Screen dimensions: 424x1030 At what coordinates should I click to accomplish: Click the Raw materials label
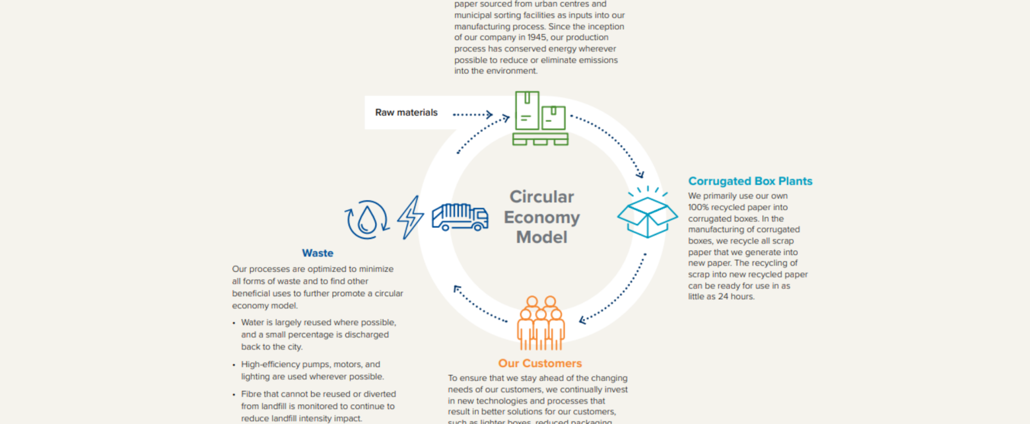pyautogui.click(x=406, y=112)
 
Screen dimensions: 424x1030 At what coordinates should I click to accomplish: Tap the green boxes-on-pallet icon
pyautogui.click(x=540, y=118)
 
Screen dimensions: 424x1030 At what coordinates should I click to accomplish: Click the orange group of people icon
pyautogui.click(x=540, y=324)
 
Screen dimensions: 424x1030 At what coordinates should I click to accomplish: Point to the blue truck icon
pyautogui.click(x=460, y=217)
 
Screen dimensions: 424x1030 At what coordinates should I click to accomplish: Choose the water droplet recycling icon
pyautogui.click(x=367, y=219)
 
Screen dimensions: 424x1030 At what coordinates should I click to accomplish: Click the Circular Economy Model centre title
pyautogui.click(x=541, y=217)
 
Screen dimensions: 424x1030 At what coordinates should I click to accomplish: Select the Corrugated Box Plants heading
pyautogui.click(x=750, y=181)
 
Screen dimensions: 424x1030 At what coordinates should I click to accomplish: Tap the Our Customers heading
pyautogui.click(x=540, y=363)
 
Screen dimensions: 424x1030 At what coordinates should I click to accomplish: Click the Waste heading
pyautogui.click(x=317, y=253)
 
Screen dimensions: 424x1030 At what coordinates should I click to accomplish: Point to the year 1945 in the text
pyautogui.click(x=536, y=37)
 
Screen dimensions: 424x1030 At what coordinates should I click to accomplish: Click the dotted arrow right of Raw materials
pyautogui.click(x=473, y=115)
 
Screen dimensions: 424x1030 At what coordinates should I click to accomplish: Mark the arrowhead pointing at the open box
pyautogui.click(x=639, y=175)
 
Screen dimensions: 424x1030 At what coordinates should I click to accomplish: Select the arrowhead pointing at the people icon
pyautogui.click(x=583, y=320)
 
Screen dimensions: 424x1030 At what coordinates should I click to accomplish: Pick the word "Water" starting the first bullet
pyautogui.click(x=252, y=323)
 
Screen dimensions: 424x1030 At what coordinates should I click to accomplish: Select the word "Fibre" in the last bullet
pyautogui.click(x=251, y=394)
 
